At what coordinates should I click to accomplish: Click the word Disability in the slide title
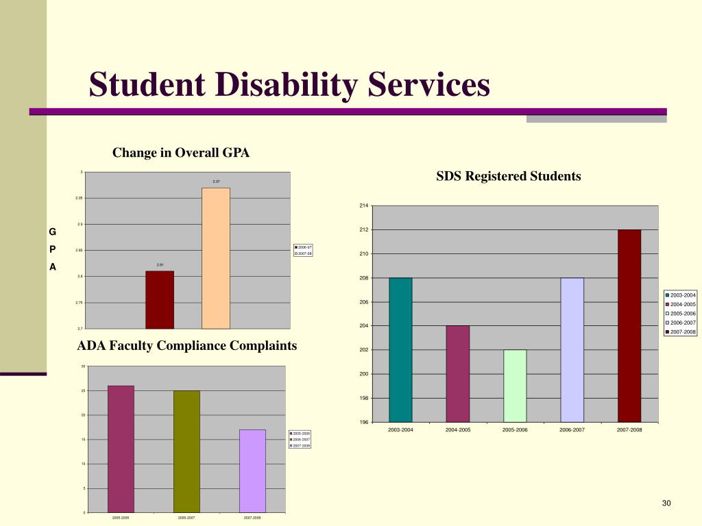click(287, 86)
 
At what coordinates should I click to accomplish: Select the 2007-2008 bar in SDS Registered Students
click(629, 325)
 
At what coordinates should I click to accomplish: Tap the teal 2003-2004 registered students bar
click(400, 349)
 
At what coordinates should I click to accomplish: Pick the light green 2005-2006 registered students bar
click(515, 386)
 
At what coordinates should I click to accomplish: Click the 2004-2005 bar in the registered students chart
click(458, 373)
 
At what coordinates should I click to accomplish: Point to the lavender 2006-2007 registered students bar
click(572, 349)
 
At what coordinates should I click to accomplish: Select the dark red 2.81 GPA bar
click(160, 300)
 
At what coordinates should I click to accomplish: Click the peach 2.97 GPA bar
click(216, 258)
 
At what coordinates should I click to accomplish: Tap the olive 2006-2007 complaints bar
click(186, 451)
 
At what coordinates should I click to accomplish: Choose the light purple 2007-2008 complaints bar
click(252, 471)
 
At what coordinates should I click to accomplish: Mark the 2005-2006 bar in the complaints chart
click(121, 449)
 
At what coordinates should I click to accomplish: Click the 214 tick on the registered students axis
click(364, 206)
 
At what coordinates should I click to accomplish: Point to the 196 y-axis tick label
click(364, 422)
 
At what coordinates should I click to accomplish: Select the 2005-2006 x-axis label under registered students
click(515, 429)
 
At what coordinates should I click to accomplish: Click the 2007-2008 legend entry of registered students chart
click(681, 331)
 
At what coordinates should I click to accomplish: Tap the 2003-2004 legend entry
click(681, 295)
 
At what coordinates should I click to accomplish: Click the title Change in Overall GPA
click(181, 153)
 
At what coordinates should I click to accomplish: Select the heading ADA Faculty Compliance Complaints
click(187, 346)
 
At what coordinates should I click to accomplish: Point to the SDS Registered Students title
click(509, 176)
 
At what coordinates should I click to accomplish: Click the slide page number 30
click(666, 504)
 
